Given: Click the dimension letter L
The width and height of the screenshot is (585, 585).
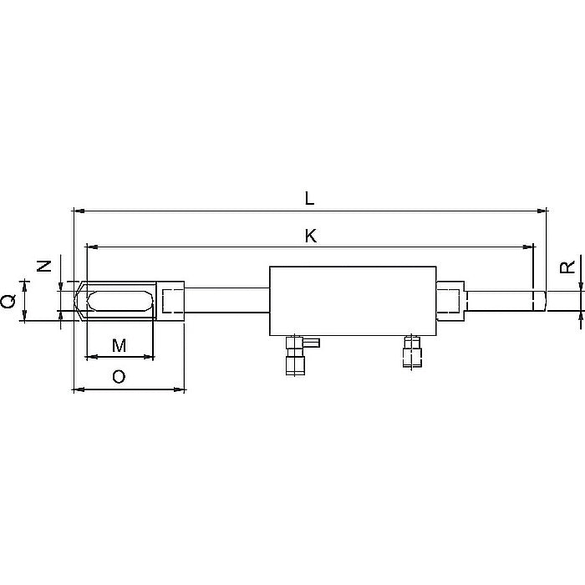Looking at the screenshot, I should (x=310, y=198).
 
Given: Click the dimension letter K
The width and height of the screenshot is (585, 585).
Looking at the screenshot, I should (x=310, y=236).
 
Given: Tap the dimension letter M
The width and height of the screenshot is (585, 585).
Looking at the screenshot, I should (x=119, y=345).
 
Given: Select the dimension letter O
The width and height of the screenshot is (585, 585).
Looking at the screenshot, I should (x=119, y=377).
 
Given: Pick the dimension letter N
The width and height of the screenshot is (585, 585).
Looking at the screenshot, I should (x=45, y=267).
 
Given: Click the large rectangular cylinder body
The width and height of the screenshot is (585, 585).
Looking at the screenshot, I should (x=352, y=301).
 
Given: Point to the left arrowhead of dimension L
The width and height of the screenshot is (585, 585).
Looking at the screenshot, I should (x=77, y=211).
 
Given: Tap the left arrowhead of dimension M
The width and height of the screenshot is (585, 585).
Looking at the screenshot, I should (x=90, y=357).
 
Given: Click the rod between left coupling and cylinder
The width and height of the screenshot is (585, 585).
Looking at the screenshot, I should (x=226, y=300).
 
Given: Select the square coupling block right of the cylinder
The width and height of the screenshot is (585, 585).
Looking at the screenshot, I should (x=451, y=301).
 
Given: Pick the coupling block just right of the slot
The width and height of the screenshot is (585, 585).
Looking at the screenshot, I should (x=172, y=300).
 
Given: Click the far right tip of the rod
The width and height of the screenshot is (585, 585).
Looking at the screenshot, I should (x=544, y=300).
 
